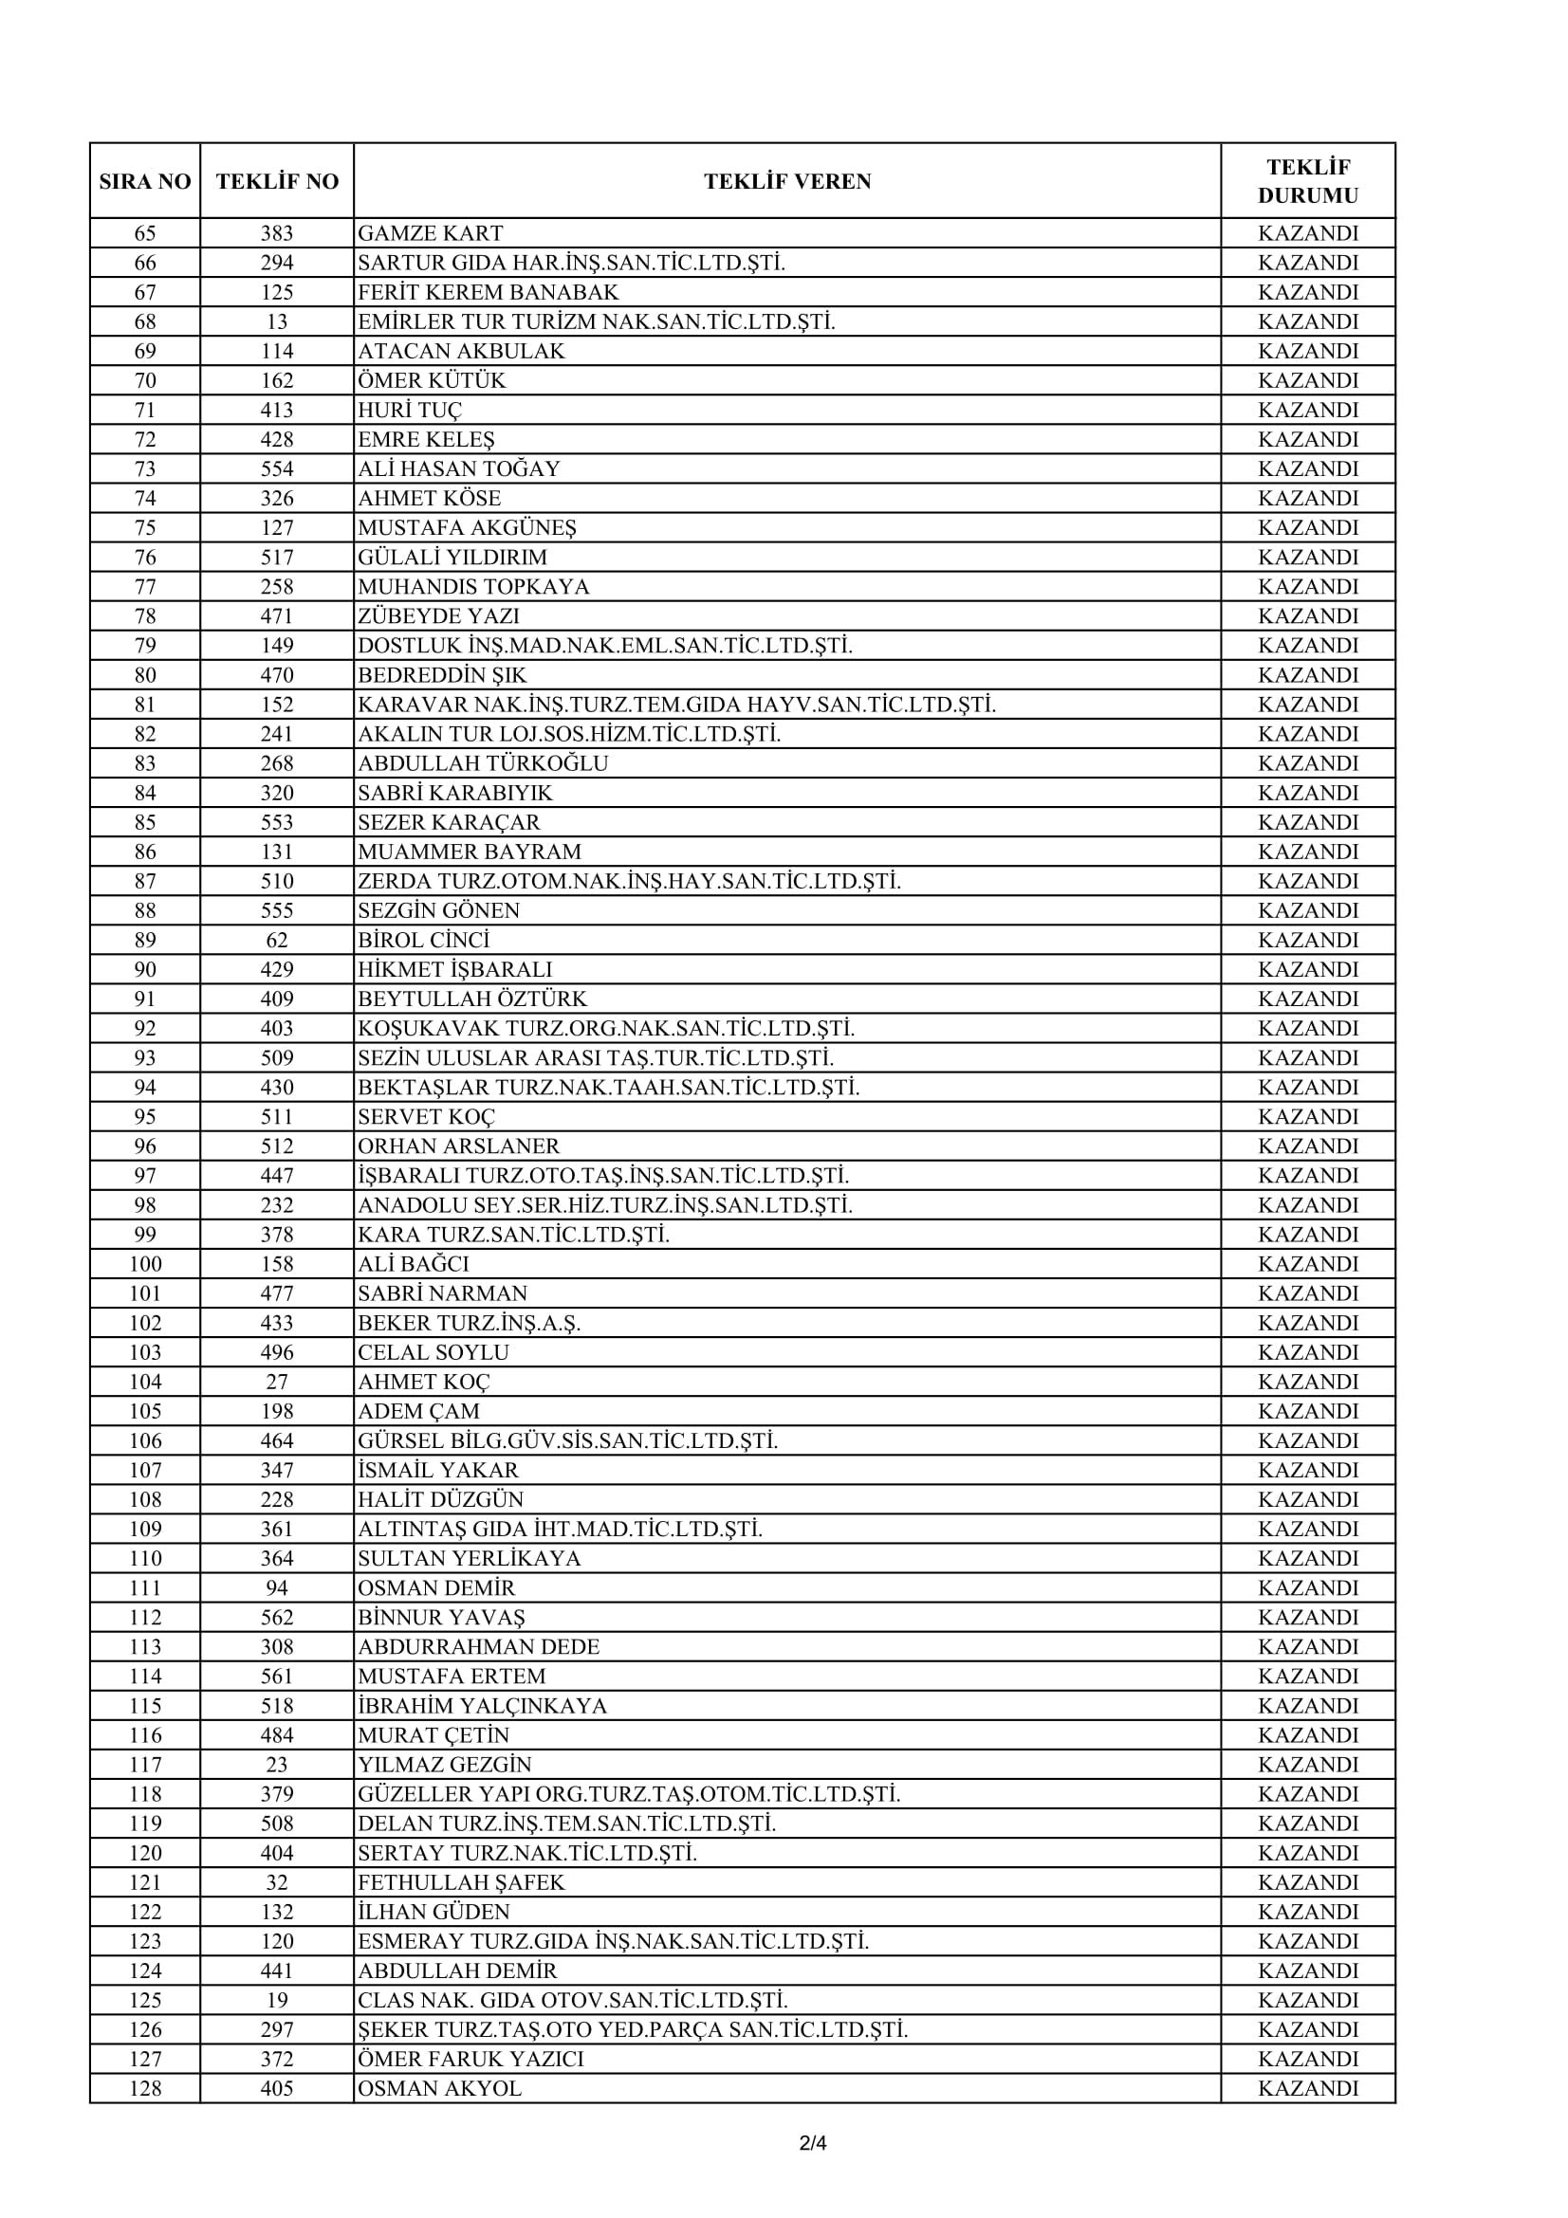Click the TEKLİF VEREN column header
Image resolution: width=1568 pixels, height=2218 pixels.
pyautogui.click(x=786, y=182)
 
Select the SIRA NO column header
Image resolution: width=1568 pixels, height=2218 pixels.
pyautogui.click(x=145, y=182)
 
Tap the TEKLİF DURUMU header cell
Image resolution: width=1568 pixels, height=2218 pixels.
pyautogui.click(x=1307, y=181)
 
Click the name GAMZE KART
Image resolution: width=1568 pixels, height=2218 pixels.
pyautogui.click(x=430, y=234)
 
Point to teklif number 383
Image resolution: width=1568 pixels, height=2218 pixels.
pyautogui.click(x=277, y=234)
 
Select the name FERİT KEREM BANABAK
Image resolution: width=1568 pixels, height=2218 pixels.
pyautogui.click(x=488, y=293)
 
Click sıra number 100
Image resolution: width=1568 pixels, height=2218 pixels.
pyautogui.click(x=145, y=1265)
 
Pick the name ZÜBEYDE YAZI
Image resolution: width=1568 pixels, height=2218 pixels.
pyautogui.click(x=438, y=616)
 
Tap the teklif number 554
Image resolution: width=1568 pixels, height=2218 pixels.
pyautogui.click(x=277, y=469)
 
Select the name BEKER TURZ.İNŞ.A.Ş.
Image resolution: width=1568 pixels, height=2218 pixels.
pyautogui.click(x=470, y=1324)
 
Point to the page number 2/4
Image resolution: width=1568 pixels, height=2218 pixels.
pyautogui.click(x=813, y=2144)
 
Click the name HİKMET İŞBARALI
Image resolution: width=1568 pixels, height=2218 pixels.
pyautogui.click(x=455, y=970)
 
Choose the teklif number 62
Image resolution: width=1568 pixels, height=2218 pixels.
pyautogui.click(x=277, y=941)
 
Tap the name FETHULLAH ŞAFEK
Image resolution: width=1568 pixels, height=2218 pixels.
pyautogui.click(x=461, y=1883)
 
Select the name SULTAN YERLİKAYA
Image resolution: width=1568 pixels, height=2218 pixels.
pyautogui.click(x=470, y=1559)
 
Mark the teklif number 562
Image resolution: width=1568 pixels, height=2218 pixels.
pyautogui.click(x=277, y=1618)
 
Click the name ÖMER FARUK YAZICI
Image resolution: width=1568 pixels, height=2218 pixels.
pyautogui.click(x=470, y=2060)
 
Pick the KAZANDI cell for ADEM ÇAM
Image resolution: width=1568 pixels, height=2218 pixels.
pyautogui.click(x=1307, y=1411)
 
